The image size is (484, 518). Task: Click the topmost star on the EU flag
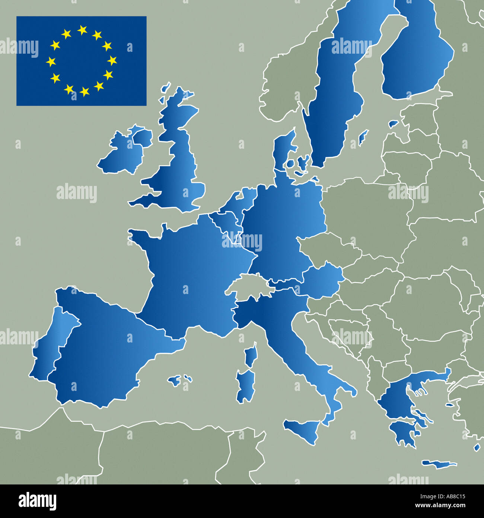(x=82, y=30)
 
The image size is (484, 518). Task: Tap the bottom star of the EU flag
(x=85, y=91)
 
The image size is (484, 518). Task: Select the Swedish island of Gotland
(x=363, y=137)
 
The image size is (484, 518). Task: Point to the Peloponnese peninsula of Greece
(x=404, y=432)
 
